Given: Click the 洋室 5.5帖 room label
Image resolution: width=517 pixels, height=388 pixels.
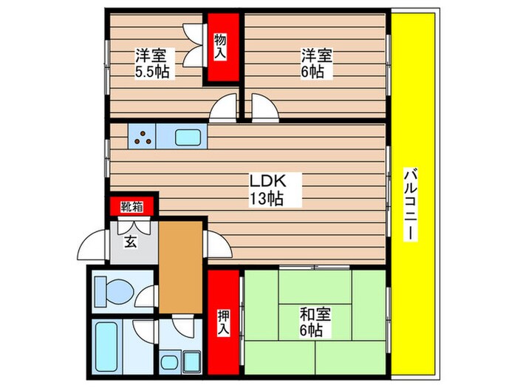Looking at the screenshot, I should coord(154,64).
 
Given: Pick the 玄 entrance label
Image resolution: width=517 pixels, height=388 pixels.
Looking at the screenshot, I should coord(130,241).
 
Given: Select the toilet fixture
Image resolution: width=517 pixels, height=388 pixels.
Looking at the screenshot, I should coord(118,291).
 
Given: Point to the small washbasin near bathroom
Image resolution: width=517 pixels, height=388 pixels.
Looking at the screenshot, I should coord(171,363).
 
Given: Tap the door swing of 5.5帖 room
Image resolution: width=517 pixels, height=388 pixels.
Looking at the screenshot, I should coord(222,110).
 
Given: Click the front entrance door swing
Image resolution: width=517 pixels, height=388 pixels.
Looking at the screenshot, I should coord(96,242).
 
